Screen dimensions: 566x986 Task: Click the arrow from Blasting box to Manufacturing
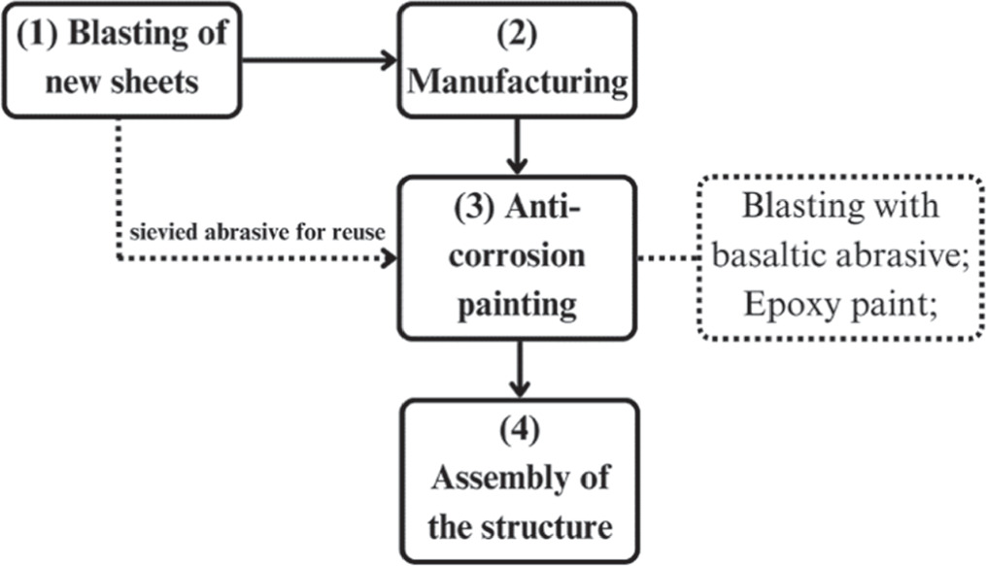321,60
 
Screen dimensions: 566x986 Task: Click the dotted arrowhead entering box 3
391,259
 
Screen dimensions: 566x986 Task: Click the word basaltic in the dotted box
772,257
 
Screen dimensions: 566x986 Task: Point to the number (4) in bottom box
519,432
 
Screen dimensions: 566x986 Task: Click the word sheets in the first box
160,82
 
